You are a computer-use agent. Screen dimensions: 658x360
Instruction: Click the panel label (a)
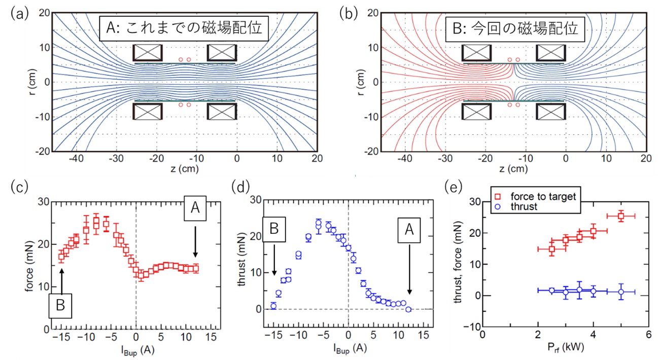click(19, 14)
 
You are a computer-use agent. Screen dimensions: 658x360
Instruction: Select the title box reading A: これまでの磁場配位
click(184, 28)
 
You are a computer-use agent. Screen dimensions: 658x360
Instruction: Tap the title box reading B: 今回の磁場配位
click(515, 29)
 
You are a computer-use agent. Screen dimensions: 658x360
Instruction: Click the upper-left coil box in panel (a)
click(148, 53)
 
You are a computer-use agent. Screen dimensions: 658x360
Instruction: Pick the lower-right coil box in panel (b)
click(551, 112)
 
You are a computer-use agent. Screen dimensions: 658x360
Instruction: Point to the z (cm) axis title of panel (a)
click(185, 169)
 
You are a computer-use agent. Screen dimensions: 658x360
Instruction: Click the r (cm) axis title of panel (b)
click(360, 82)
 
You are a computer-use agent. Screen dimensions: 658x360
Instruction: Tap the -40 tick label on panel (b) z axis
click(405, 159)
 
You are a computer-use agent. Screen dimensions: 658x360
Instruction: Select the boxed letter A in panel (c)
click(195, 208)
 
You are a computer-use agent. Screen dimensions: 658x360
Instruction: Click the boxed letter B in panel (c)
click(60, 305)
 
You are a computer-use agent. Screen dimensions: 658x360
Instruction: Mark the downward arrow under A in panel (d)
click(409, 270)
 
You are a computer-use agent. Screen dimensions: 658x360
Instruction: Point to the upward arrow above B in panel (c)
click(62, 281)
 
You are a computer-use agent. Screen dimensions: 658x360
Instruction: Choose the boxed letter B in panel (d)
click(274, 229)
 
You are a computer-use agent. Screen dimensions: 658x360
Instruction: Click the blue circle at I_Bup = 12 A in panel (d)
click(408, 309)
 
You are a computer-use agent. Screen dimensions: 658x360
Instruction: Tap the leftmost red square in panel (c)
click(61, 257)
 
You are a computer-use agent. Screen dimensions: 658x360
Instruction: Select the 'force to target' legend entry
click(535, 196)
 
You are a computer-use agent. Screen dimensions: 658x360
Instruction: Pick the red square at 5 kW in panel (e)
click(621, 216)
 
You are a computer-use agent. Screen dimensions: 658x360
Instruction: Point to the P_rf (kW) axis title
click(566, 347)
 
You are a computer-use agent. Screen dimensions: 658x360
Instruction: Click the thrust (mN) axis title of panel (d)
click(241, 258)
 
